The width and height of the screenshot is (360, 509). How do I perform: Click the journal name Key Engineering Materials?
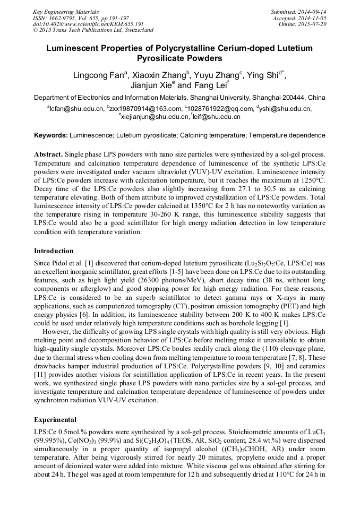pyautogui.click(x=66, y=12)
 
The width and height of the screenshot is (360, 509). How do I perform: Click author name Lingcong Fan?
pyautogui.click(x=96, y=76)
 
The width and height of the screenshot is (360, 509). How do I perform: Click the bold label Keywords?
pyautogui.click(x=51, y=135)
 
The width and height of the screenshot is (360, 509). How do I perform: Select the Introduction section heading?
pyautogui.click(x=54, y=251)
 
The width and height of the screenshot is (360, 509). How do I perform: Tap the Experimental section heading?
pyautogui.click(x=55, y=419)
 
